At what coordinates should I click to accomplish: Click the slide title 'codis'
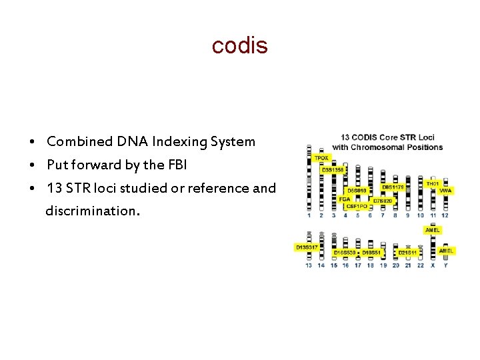(x=239, y=45)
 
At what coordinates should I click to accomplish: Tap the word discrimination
(x=93, y=211)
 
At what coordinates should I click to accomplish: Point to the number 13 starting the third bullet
(x=54, y=188)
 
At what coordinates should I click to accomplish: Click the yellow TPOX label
(x=321, y=158)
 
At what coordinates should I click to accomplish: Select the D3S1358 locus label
(x=333, y=170)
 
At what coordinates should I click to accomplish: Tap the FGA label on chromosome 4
(x=344, y=199)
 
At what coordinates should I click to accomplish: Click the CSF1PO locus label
(x=356, y=207)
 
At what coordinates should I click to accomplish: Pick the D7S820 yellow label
(x=383, y=200)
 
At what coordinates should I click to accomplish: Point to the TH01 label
(x=432, y=183)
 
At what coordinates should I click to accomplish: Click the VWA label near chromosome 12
(x=445, y=191)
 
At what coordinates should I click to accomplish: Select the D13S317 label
(x=305, y=247)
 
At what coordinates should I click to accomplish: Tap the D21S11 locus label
(x=407, y=253)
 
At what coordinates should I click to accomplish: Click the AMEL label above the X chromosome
(x=432, y=230)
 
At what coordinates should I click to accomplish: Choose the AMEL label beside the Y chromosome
(x=446, y=251)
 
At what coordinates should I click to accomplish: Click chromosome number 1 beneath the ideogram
(x=309, y=215)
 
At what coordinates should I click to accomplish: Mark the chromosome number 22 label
(x=420, y=265)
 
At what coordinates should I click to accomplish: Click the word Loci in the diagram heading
(x=425, y=137)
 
